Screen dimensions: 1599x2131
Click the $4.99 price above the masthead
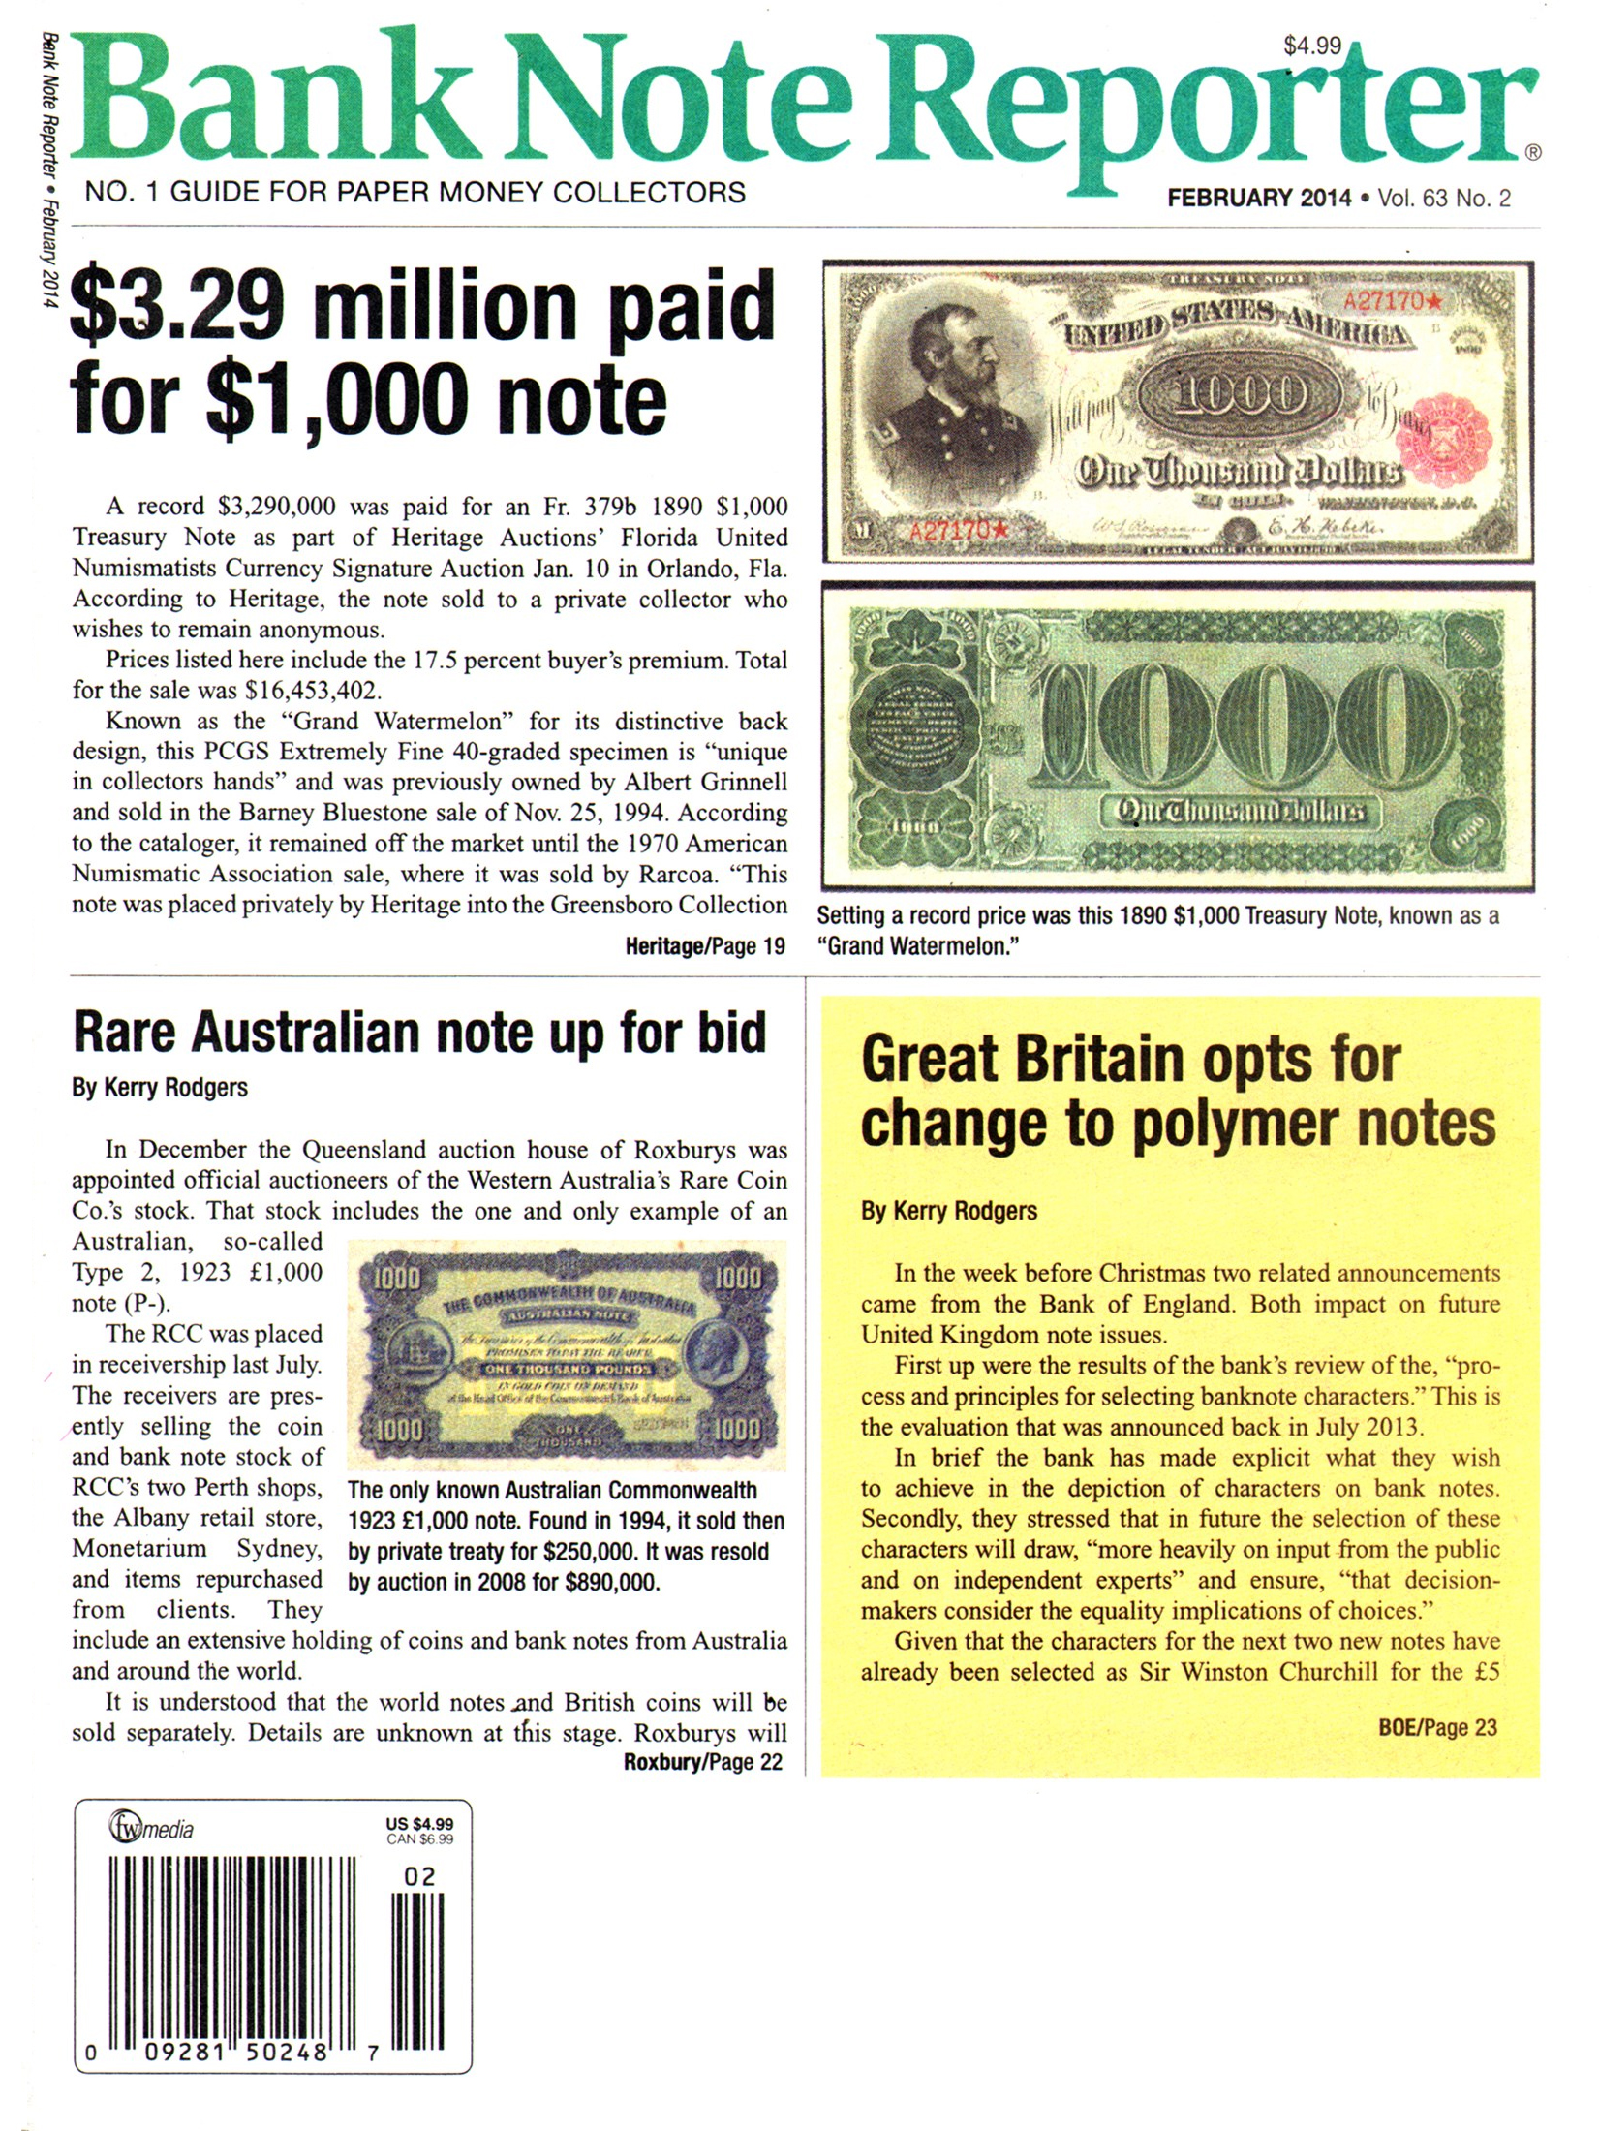1311,46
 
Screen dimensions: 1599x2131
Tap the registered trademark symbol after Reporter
1532,152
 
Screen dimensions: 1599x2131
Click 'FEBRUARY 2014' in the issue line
1258,199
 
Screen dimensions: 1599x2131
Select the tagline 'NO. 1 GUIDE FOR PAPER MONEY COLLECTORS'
415,192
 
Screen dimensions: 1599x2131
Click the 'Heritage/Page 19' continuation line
704,946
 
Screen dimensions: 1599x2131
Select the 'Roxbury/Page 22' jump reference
702,1762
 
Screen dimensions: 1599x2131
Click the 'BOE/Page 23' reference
1437,1727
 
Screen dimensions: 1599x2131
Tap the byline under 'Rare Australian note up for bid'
160,1088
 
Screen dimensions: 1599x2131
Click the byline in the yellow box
948,1211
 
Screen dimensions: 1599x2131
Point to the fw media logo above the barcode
150,1829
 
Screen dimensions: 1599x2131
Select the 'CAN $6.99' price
419,1839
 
